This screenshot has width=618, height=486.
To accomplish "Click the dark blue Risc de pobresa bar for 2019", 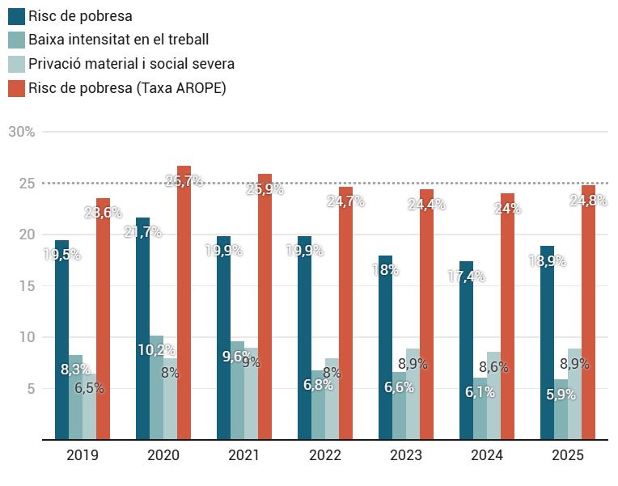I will click(x=61, y=340).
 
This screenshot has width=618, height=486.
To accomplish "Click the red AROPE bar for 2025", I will click(x=588, y=323).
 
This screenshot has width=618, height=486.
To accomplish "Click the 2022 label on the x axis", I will click(x=325, y=455).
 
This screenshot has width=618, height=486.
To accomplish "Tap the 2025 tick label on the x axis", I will click(x=568, y=455).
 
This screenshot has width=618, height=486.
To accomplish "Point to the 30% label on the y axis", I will click(x=22, y=132).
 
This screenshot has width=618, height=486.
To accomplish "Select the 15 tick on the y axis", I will click(x=28, y=285).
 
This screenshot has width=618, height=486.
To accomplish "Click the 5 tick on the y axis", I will click(x=31, y=388).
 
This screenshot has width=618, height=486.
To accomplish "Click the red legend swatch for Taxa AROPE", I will click(x=16, y=88).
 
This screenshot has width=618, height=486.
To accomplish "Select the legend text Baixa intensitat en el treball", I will click(x=118, y=40).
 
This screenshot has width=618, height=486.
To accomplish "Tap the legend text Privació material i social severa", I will click(x=131, y=64).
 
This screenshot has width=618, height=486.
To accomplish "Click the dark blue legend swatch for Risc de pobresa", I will click(x=16, y=15).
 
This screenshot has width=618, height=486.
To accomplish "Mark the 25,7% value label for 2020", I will click(x=184, y=181).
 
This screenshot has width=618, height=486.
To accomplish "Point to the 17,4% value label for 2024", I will click(x=466, y=277).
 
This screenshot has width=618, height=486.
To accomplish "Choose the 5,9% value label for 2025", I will click(x=561, y=395).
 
